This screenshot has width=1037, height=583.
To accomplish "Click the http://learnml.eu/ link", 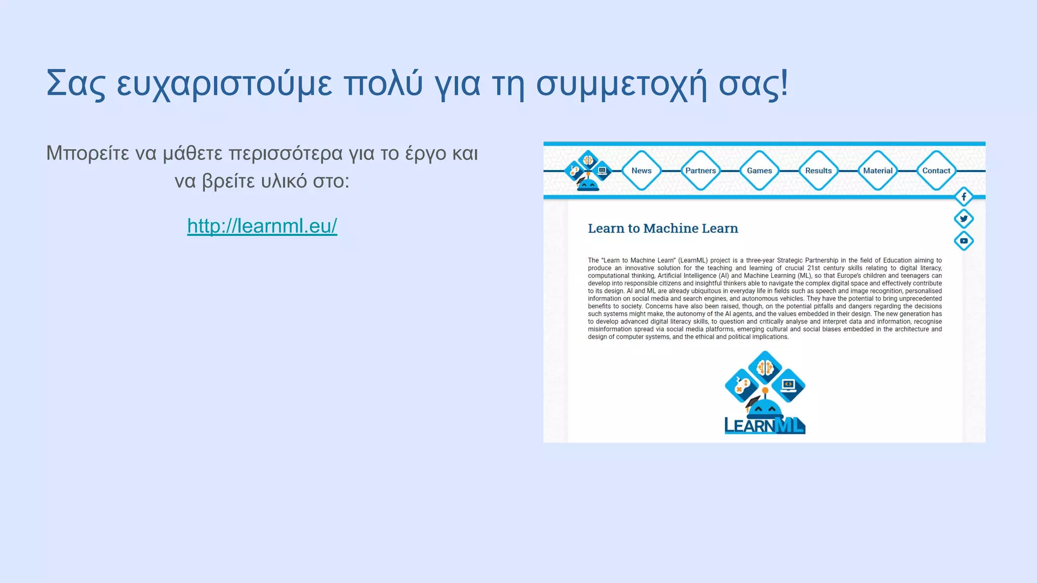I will tap(262, 226).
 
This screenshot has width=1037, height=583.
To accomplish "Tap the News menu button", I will tap(641, 171).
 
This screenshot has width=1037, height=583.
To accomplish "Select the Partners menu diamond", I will tap(700, 171).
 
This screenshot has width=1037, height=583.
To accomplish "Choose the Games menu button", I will tap(759, 171).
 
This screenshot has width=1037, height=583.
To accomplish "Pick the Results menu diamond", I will tap(818, 171).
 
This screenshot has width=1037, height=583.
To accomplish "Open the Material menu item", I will tap(878, 171).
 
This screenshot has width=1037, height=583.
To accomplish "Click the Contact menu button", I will tap(936, 171).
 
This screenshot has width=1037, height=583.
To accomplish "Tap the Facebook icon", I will tap(964, 196).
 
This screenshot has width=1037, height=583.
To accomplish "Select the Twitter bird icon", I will tap(964, 219).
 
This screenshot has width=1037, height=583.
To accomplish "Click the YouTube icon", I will tap(964, 241).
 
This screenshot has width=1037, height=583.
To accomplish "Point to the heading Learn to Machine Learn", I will tap(663, 228).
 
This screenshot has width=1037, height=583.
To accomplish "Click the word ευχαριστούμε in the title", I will tap(224, 84).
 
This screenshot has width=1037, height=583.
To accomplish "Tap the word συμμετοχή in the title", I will tap(621, 84).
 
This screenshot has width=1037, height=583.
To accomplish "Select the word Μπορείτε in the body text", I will tap(88, 153).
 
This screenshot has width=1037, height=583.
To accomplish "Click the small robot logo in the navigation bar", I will tap(587, 171).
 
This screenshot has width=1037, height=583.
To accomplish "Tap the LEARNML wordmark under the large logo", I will tap(765, 426).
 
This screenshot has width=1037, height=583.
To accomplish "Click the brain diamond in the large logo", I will tap(765, 367).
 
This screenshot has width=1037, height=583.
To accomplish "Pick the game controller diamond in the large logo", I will tap(741, 386).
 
